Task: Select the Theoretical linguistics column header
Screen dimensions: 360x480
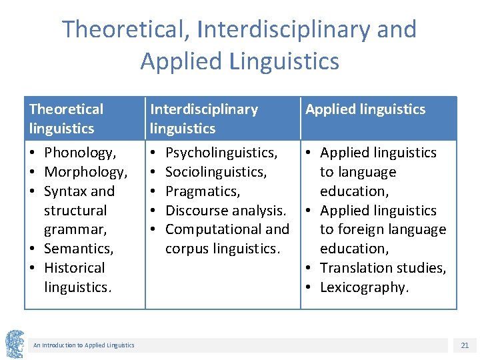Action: tap(67, 119)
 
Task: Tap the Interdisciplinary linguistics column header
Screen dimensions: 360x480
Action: tap(204, 119)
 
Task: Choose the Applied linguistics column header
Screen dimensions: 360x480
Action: tap(365, 109)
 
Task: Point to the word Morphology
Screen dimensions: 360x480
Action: tap(85, 172)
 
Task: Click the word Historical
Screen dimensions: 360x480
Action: tap(74, 268)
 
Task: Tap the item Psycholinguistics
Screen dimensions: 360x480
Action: tap(221, 153)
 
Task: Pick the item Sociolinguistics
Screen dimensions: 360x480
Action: tap(215, 172)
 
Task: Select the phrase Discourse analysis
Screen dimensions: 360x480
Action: tap(225, 211)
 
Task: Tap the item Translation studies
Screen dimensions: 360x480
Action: tap(383, 268)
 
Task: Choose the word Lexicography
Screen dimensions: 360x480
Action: tap(363, 287)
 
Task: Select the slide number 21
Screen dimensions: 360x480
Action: tap(465, 345)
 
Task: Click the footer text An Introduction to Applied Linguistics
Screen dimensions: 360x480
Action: tap(83, 345)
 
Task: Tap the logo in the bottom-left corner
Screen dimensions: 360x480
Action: tap(15, 345)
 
